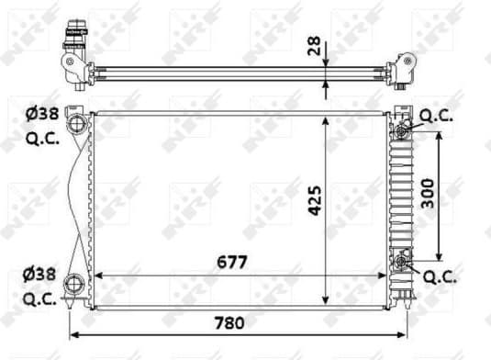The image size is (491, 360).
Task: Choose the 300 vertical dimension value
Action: point(428,193)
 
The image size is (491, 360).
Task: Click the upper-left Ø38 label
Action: point(43,115)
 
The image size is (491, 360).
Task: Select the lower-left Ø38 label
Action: point(43,273)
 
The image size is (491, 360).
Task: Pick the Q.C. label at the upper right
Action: point(438,116)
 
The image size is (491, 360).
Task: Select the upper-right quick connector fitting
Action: point(402,131)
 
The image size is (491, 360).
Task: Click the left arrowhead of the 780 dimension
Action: point(74,333)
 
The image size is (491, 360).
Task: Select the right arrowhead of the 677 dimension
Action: point(385,274)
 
